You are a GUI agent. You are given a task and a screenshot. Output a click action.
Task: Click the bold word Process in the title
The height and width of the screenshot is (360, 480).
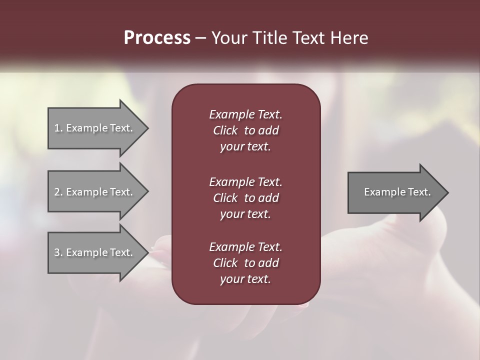pos(157,38)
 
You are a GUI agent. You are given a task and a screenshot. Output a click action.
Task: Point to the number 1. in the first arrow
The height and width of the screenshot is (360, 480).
pos(58,128)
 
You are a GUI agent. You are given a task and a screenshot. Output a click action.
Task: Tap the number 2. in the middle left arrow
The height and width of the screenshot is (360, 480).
pos(58,192)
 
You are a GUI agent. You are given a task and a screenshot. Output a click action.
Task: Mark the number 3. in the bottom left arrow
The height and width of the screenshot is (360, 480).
pos(58,252)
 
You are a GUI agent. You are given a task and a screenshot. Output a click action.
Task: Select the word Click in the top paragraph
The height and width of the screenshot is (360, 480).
pos(225,130)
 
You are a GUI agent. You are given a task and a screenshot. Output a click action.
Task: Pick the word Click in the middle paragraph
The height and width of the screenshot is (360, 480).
pos(225,198)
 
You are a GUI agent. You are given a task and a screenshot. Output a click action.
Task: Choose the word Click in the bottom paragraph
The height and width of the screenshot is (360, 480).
pos(225,263)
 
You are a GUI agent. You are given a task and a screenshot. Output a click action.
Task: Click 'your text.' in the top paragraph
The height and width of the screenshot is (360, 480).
pos(245,147)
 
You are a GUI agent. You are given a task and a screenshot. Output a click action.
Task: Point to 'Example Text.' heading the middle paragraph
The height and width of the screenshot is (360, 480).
pos(245,181)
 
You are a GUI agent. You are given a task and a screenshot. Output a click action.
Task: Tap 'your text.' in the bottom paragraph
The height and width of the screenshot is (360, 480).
pos(245,279)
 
